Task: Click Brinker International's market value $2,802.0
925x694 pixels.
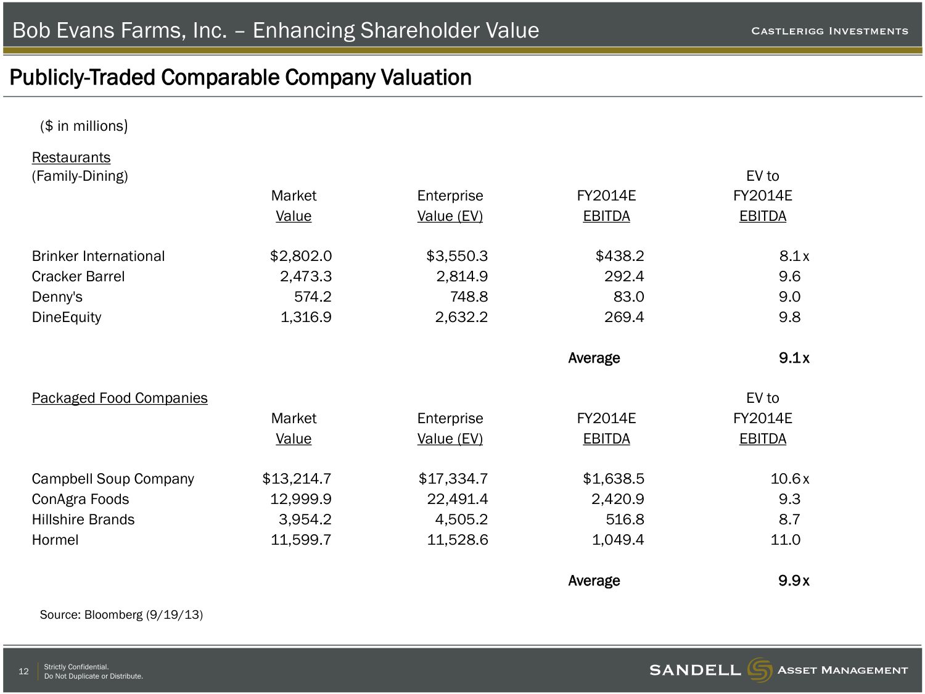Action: pyautogui.click(x=301, y=256)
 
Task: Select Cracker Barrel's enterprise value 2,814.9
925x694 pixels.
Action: pyautogui.click(x=462, y=276)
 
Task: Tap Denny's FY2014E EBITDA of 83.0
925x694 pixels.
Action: pyautogui.click(x=628, y=297)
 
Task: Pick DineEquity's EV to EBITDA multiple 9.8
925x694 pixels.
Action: pyautogui.click(x=789, y=317)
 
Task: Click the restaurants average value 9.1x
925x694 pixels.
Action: pyautogui.click(x=794, y=358)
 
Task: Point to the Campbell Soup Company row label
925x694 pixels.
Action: pyautogui.click(x=113, y=479)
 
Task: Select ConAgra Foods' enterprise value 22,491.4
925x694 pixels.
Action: pyautogui.click(x=458, y=499)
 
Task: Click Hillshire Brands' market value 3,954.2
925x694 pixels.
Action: pyautogui.click(x=305, y=519)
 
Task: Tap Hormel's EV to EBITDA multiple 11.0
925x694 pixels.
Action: pyautogui.click(x=786, y=540)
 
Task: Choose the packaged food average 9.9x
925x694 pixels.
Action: pyautogui.click(x=794, y=580)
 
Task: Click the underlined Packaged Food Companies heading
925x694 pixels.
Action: pyautogui.click(x=120, y=398)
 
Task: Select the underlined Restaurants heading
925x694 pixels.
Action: pyautogui.click(x=71, y=157)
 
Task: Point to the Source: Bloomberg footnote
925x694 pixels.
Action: pyautogui.click(x=121, y=614)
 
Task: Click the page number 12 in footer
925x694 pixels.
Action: pyautogui.click(x=23, y=671)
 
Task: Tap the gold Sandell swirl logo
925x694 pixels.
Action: pyautogui.click(x=759, y=670)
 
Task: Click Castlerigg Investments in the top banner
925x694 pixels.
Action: pyautogui.click(x=829, y=31)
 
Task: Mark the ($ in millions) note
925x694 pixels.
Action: pyautogui.click(x=84, y=126)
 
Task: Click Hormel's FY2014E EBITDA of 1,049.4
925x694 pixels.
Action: pyautogui.click(x=618, y=540)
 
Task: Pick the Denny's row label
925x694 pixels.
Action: pyautogui.click(x=57, y=297)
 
